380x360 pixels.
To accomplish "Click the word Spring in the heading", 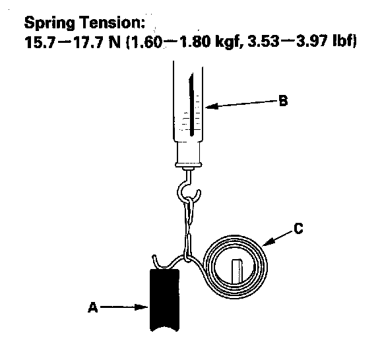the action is point(49,23).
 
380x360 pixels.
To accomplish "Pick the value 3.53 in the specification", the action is point(263,42).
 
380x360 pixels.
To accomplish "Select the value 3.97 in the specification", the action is point(313,42).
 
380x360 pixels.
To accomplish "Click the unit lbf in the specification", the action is point(344,42).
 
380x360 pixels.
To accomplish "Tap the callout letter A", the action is point(93,307).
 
